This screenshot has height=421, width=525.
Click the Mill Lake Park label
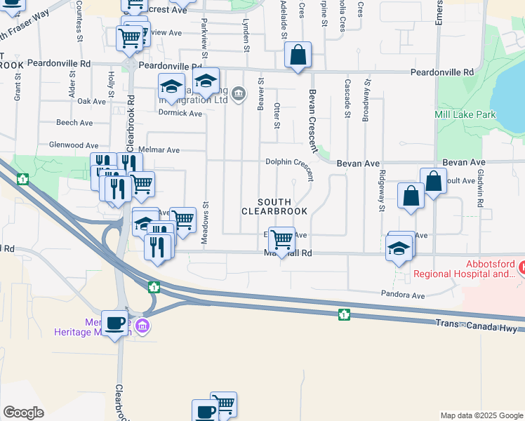point(465,115)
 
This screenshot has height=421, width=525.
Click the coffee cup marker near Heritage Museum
point(115,323)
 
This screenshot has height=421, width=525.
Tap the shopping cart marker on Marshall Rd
point(281,239)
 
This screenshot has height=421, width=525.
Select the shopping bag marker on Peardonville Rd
point(298,54)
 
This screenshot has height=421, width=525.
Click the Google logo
point(23,413)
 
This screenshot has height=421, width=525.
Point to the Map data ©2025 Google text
point(481,415)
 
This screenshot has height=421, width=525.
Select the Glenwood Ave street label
point(71,145)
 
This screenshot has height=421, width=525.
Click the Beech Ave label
point(74,123)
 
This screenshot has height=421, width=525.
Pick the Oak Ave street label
point(91,102)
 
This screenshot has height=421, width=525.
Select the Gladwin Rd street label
point(479,189)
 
